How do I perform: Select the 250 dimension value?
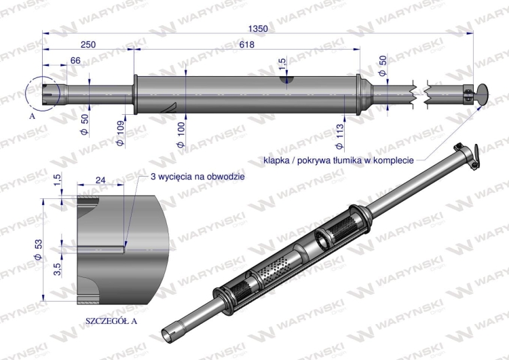point(88,44)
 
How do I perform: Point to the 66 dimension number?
point(75,60)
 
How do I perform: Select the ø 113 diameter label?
point(340,134)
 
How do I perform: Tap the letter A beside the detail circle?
point(32,116)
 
